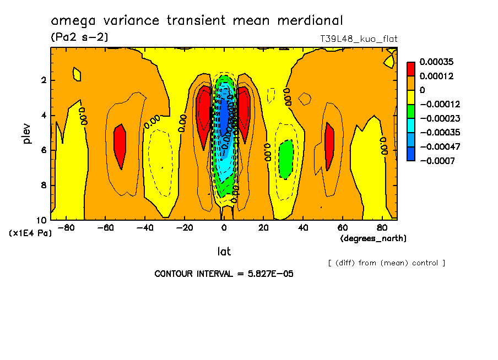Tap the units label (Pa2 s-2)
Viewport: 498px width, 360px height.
[x=79, y=37]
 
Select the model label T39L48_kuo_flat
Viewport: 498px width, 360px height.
[x=359, y=39]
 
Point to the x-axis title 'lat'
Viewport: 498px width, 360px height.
[x=224, y=252]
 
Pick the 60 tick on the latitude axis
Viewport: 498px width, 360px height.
[x=342, y=227]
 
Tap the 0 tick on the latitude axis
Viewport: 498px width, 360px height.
[x=224, y=227]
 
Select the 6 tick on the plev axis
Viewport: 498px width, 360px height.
[x=42, y=150]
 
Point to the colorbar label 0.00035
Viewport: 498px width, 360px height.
[x=436, y=62]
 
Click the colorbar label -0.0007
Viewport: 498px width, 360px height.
[x=436, y=161]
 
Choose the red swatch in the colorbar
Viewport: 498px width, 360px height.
[x=411, y=69]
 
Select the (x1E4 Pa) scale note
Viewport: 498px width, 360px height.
[x=30, y=233]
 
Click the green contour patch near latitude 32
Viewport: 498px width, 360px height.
[x=285, y=160]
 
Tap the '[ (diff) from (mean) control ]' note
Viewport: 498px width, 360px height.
[x=386, y=263]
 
